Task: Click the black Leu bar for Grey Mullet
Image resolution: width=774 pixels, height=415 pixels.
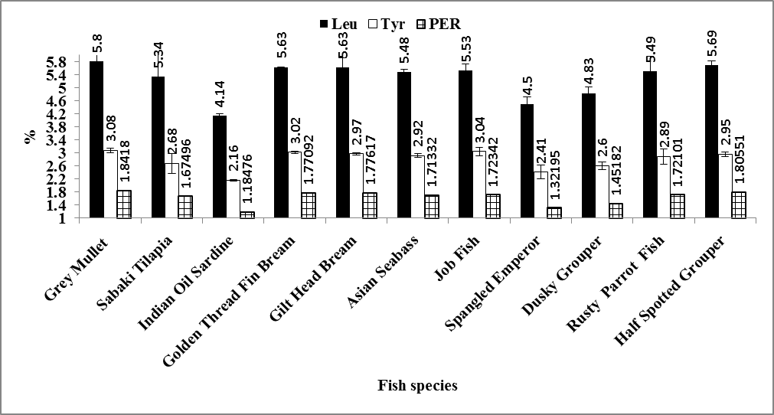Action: tap(96, 140)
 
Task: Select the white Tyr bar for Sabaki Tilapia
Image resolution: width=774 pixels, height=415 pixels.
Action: tap(172, 191)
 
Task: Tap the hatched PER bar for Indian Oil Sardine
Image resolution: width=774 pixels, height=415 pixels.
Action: tap(247, 215)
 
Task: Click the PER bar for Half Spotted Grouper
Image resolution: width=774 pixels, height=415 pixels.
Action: tap(739, 205)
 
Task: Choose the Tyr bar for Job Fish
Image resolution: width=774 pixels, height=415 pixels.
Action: tap(479, 185)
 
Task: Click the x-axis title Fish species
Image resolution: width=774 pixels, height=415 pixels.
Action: tap(417, 385)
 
